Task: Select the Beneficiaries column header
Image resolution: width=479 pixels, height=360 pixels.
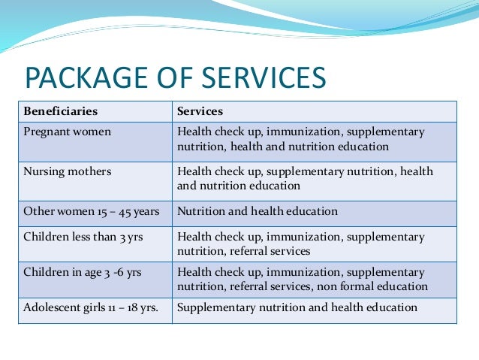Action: [x=61, y=111]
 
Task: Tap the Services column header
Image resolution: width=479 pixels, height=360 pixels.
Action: [x=200, y=111]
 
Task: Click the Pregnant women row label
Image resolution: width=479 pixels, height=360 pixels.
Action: [x=68, y=132]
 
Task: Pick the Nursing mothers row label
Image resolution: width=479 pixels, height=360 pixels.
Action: [x=68, y=171]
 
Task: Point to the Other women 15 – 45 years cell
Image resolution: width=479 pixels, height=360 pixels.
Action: [x=92, y=212]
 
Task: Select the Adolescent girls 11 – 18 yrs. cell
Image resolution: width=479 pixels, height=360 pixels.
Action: [x=91, y=307]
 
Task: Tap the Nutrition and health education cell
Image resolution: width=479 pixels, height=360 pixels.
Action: [x=257, y=212]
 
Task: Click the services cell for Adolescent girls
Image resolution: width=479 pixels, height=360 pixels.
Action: [x=297, y=307]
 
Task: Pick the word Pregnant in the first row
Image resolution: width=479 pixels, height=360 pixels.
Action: [x=47, y=132]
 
